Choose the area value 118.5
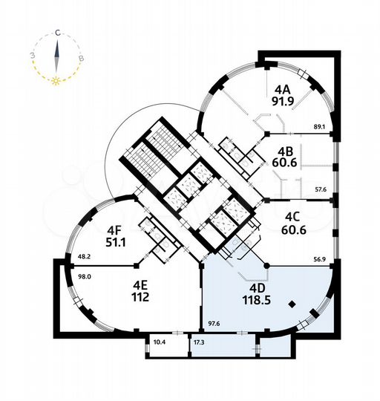tap(255, 301)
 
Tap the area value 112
tap(141, 298)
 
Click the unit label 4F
tap(114, 229)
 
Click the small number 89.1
tap(321, 127)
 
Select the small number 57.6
tap(321, 190)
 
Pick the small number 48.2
tap(84, 258)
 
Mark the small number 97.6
tap(214, 323)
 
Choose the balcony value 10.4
tap(159, 342)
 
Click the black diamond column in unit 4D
tap(294, 303)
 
